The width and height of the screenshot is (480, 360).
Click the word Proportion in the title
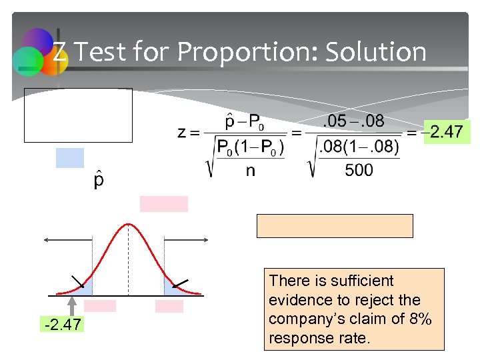[x=262, y=52]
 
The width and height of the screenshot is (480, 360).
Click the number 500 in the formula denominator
[x=359, y=171]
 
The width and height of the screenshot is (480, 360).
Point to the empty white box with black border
[x=78, y=115]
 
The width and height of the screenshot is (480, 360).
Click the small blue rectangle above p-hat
[x=70, y=158]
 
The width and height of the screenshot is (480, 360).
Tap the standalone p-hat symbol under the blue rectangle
[x=99, y=181]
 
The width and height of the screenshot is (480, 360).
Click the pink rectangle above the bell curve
[x=164, y=204]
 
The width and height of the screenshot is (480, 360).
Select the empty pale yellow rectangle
[x=335, y=226]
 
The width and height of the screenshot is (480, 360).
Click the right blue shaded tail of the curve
[x=172, y=287]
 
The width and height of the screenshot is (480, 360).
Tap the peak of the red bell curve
[x=128, y=224]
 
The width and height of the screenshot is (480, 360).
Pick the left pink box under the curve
[x=100, y=306]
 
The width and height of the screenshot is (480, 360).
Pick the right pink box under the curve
[x=169, y=306]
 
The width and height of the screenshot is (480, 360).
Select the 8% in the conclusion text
[x=418, y=319]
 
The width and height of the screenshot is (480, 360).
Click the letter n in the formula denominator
[x=250, y=171]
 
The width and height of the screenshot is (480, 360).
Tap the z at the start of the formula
[x=182, y=133]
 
